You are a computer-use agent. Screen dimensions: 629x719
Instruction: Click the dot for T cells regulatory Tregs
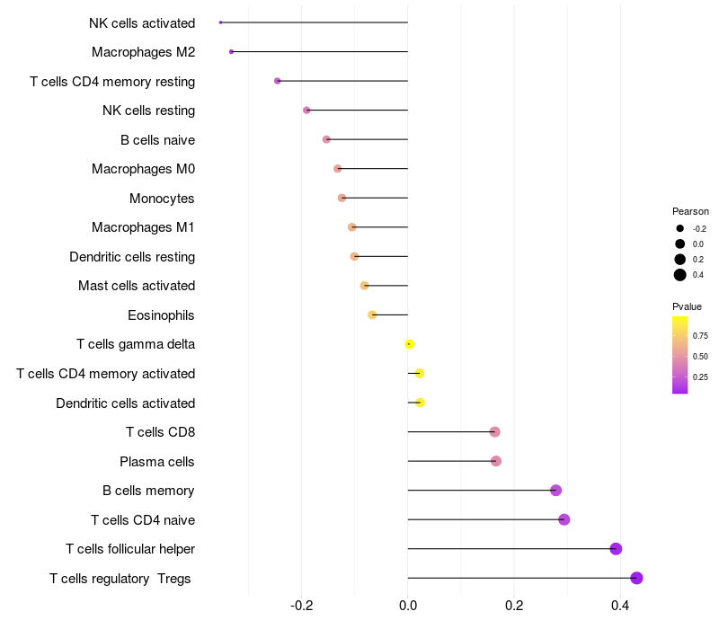click(636, 578)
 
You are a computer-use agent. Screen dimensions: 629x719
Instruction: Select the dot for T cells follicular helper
click(616, 549)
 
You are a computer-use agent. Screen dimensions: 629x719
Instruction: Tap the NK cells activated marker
click(220, 22)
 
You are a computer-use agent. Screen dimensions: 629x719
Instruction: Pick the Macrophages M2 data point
click(231, 52)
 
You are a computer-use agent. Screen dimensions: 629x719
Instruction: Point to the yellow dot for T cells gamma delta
click(409, 344)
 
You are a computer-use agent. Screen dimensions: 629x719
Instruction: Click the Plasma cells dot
click(495, 461)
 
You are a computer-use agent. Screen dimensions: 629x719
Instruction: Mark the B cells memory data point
click(555, 491)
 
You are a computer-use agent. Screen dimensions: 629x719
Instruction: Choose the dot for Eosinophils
click(372, 314)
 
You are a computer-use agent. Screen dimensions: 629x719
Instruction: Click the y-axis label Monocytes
click(162, 199)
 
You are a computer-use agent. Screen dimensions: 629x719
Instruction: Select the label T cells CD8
click(160, 432)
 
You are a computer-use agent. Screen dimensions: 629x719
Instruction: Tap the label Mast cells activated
click(137, 286)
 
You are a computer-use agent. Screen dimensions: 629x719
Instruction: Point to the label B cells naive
click(157, 140)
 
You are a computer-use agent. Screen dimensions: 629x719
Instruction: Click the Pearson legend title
click(690, 211)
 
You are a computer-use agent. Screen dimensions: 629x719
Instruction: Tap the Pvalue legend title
click(687, 306)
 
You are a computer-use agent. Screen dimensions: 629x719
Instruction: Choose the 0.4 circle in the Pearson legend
click(680, 275)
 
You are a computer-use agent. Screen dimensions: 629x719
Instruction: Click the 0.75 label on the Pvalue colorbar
click(700, 336)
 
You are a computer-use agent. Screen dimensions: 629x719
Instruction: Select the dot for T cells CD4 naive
click(564, 519)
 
